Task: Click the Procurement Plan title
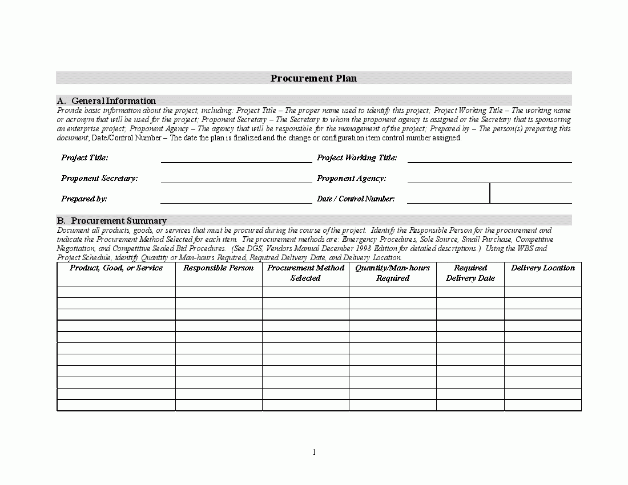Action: point(313,78)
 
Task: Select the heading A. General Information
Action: point(106,101)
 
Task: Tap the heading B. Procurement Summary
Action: point(111,221)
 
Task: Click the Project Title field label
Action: point(84,157)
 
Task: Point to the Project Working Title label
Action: point(357,157)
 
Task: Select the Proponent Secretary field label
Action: point(99,178)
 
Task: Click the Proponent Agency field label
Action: point(351,178)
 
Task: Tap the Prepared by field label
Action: point(84,199)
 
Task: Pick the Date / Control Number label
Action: point(356,199)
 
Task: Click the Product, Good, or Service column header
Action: point(116,268)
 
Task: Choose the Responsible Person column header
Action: point(219,268)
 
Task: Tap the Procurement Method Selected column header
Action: point(305,273)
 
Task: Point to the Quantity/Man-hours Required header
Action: point(393,273)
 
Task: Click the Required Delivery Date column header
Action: point(470,273)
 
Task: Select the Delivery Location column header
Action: point(543,268)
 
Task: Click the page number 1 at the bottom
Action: point(314,452)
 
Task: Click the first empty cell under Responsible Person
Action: point(219,292)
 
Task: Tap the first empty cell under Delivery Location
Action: point(543,292)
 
